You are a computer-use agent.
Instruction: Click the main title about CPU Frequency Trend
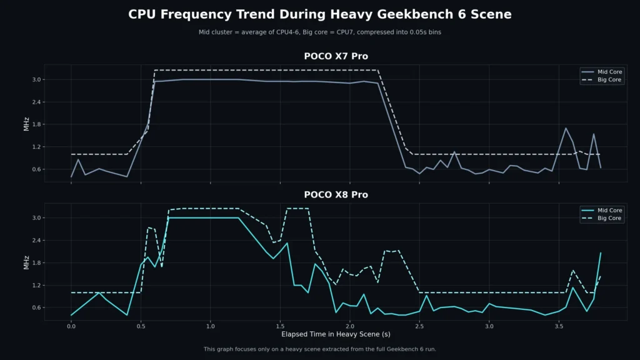pyautogui.click(x=319, y=14)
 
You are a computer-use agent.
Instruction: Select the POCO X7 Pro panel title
pyautogui.click(x=336, y=56)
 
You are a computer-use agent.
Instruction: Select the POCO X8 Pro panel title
pyautogui.click(x=336, y=195)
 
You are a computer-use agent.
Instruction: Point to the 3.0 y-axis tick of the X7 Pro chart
pyautogui.click(x=36, y=79)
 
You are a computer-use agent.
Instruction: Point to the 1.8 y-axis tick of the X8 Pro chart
pyautogui.click(x=36, y=263)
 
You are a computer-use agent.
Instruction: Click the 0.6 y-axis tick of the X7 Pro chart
pyautogui.click(x=36, y=169)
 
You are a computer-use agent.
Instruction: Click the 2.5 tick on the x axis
pyautogui.click(x=419, y=326)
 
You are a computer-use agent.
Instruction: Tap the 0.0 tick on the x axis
pyautogui.click(x=71, y=326)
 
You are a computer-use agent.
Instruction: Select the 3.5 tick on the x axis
pyautogui.click(x=559, y=326)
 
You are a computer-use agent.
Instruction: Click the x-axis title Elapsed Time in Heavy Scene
pyautogui.click(x=336, y=335)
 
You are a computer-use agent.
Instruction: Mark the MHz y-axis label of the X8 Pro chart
pyautogui.click(x=26, y=262)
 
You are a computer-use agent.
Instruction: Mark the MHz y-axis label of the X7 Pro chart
pyautogui.click(x=26, y=123)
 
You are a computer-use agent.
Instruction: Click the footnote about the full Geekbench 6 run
pyautogui.click(x=319, y=349)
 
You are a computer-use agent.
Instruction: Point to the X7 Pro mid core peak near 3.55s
pyautogui.click(x=566, y=128)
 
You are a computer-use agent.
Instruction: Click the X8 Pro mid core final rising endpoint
pyautogui.click(x=601, y=253)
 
